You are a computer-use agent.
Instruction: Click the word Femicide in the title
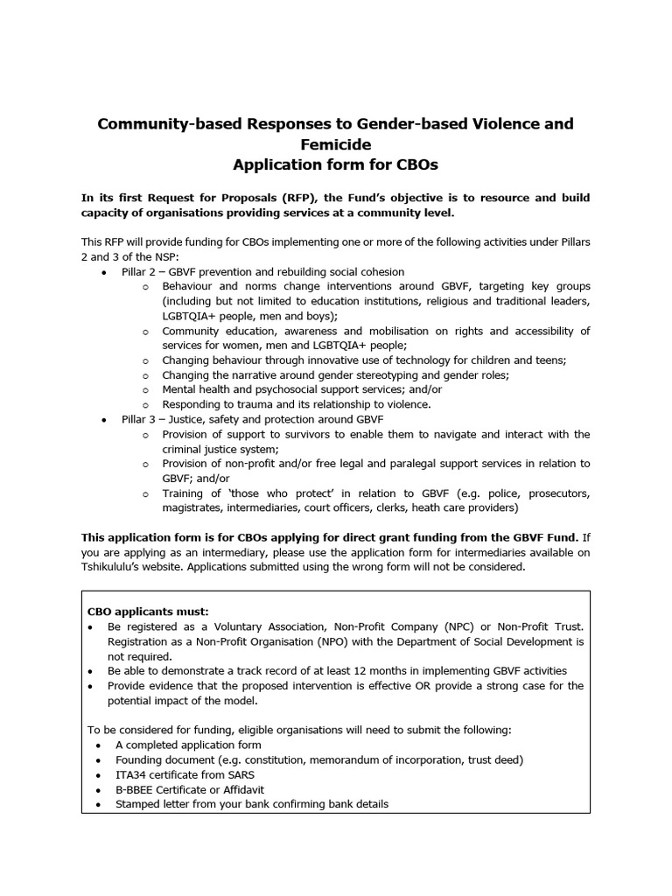pyautogui.click(x=335, y=143)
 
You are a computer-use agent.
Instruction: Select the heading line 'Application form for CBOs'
pyautogui.click(x=335, y=164)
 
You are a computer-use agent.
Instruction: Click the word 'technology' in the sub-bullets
pyautogui.click(x=415, y=360)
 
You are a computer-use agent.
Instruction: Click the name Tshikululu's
pyautogui.click(x=120, y=567)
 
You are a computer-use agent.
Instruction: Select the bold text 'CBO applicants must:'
pyautogui.click(x=149, y=612)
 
